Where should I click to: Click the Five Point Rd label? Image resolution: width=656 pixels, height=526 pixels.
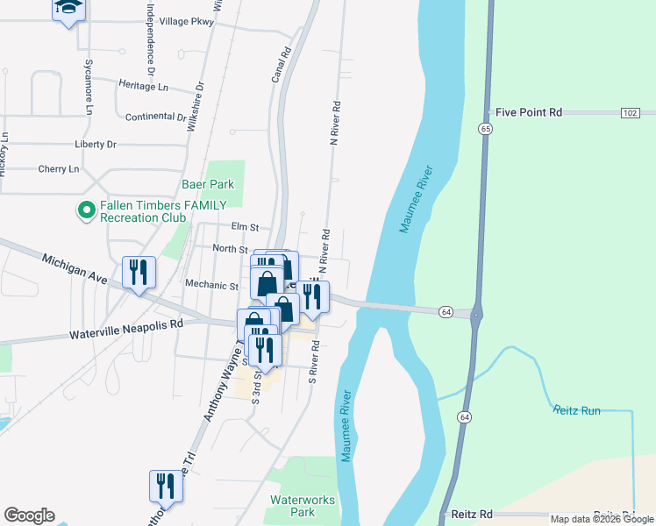pos(528,112)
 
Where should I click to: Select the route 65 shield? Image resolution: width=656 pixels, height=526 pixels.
pos(485,128)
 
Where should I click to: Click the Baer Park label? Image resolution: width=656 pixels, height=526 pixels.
pos(208,185)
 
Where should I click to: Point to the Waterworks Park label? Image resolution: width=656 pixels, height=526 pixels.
pos(303,506)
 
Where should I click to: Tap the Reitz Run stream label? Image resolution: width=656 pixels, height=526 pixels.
pos(576,410)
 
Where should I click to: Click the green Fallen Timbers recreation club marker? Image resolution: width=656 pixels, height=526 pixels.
pos(86,210)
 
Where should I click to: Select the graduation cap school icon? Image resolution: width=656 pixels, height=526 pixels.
pos(68,9)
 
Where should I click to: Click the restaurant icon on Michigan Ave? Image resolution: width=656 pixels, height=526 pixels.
pos(139,273)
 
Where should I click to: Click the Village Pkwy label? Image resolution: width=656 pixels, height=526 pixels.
pos(180,21)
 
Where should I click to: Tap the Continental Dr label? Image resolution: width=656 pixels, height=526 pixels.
pos(156,117)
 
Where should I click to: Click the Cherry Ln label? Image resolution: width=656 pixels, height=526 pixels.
pos(58,168)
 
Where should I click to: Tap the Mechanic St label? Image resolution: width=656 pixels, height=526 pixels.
pos(212,285)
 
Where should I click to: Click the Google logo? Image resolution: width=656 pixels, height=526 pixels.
pos(29,515)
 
